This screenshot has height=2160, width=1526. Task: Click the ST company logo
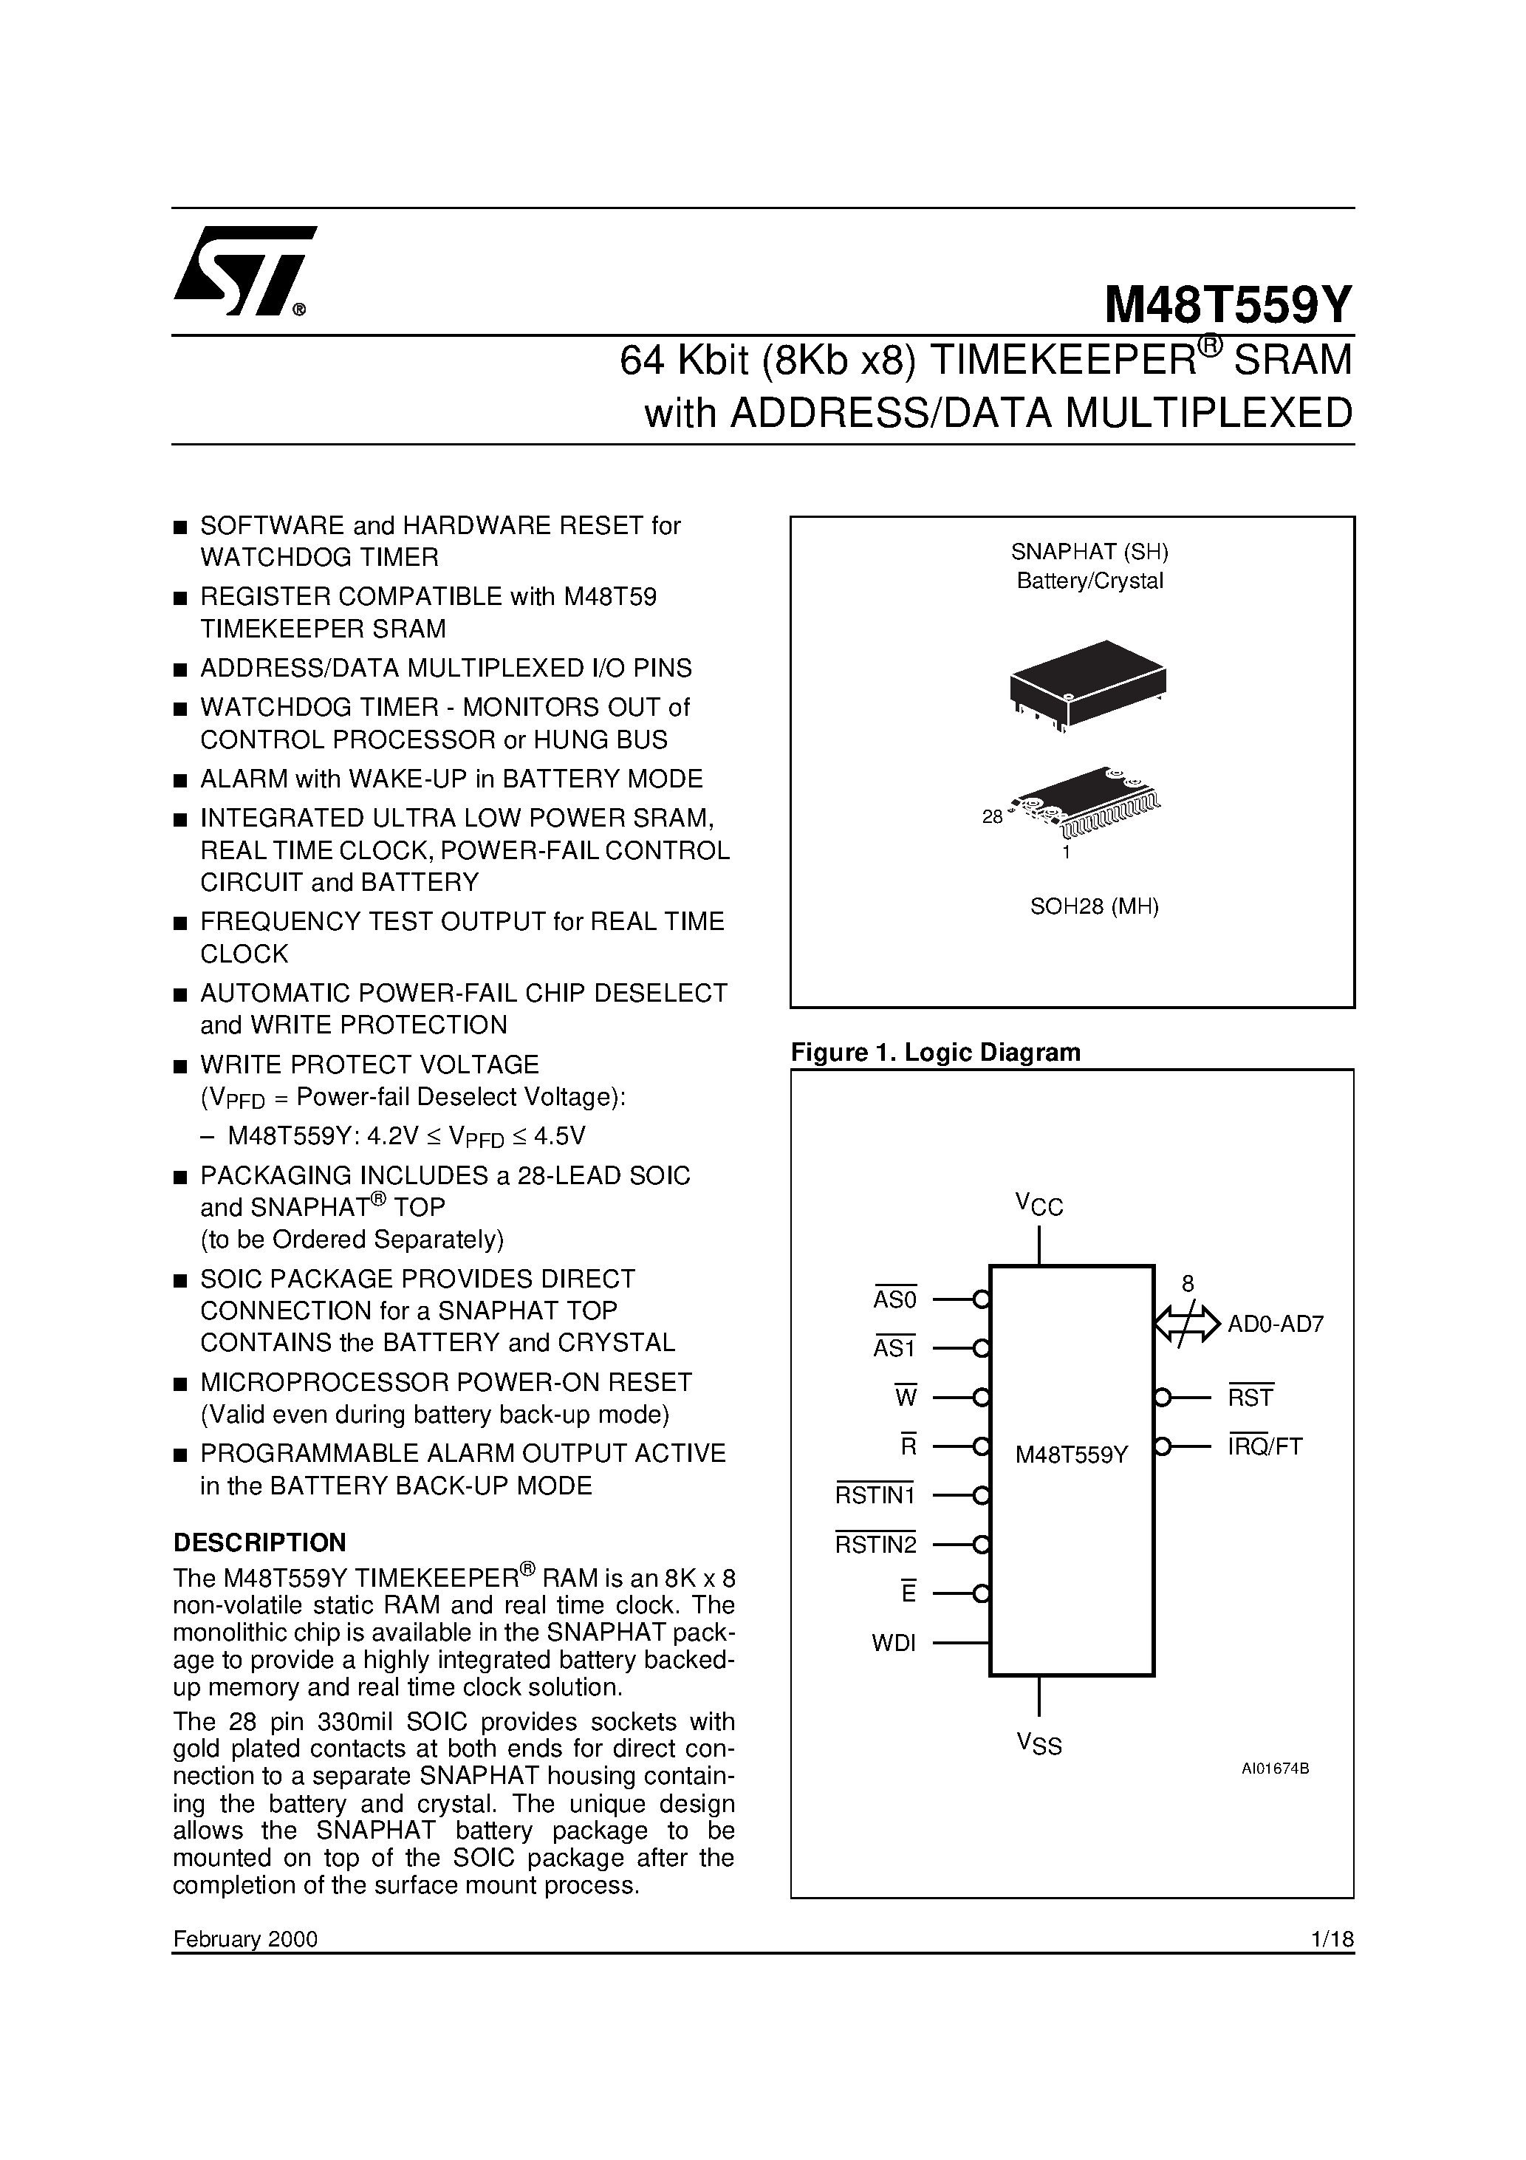[243, 270]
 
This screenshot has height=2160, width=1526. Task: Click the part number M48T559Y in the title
[1228, 304]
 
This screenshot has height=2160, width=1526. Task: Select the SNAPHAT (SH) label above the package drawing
[1089, 550]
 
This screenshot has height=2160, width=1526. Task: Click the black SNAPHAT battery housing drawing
[1087, 681]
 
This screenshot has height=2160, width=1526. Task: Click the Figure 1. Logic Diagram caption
[935, 1052]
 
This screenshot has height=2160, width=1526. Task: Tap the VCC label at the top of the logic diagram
[1039, 1203]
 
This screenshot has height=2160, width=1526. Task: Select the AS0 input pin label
[894, 1299]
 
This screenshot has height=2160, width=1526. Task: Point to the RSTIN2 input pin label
[875, 1545]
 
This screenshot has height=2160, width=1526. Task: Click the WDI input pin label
[894, 1644]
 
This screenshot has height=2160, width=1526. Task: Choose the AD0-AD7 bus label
[1276, 1325]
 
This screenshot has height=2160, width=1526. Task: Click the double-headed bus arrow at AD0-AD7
[1187, 1324]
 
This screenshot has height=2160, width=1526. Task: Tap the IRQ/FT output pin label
[1265, 1447]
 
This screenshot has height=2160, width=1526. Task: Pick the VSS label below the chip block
[1039, 1744]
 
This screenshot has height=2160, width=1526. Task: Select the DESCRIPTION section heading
[260, 1542]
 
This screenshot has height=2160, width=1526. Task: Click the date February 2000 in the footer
[245, 1939]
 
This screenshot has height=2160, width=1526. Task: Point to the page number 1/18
[1331, 1939]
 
